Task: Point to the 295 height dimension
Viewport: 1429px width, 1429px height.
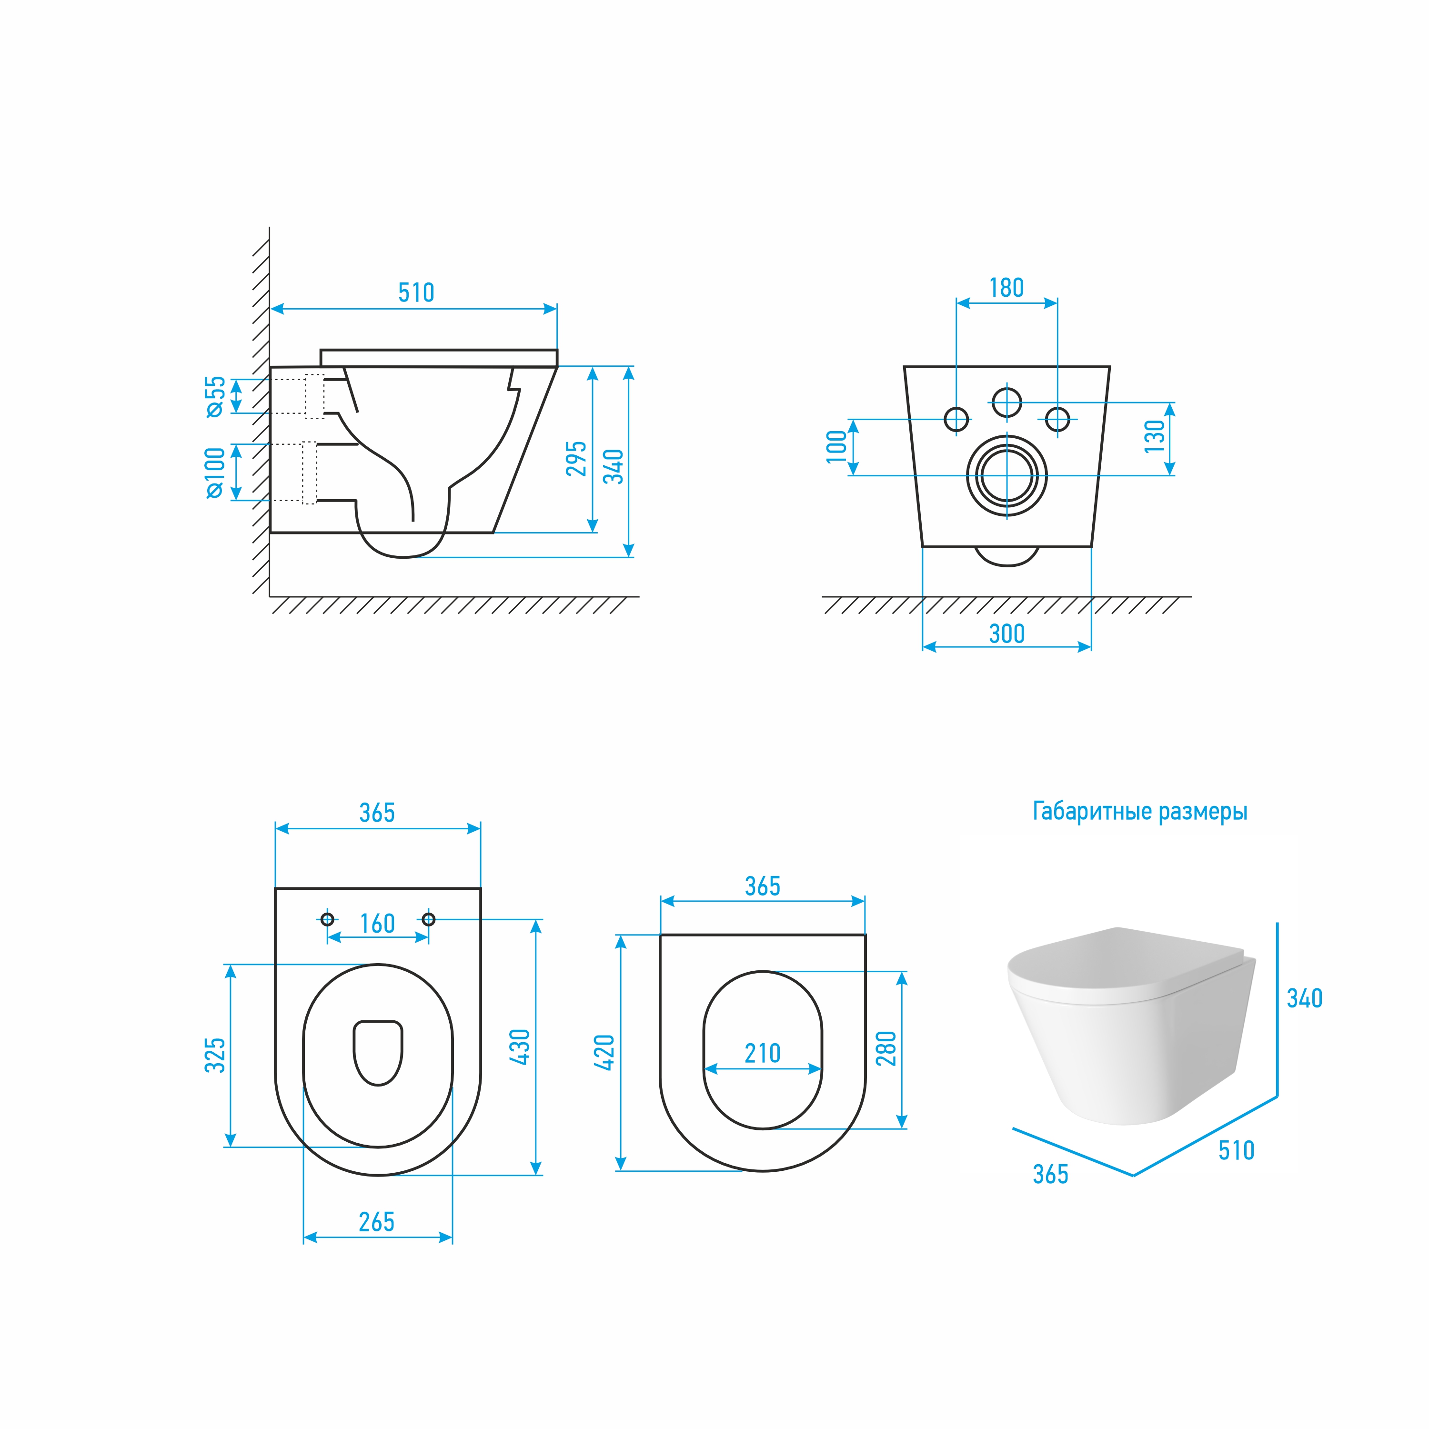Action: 576,459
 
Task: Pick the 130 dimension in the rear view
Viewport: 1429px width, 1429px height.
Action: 1154,436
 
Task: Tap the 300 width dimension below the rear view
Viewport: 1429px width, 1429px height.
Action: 1006,634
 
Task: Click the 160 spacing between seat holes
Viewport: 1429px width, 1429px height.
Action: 377,924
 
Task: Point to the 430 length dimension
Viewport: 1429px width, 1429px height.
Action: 520,1047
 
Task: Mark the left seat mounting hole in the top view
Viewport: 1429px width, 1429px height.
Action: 328,919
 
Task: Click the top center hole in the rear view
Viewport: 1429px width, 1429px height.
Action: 1006,403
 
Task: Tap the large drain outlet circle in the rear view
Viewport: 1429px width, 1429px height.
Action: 1006,475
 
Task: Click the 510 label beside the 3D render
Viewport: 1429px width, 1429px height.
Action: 1236,1150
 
